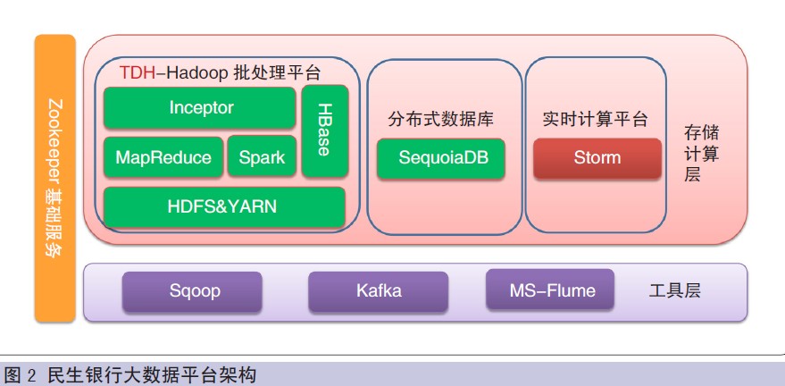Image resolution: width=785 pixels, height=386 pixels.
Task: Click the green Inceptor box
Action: pos(199,107)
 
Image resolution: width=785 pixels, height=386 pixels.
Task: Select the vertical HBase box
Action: pos(325,130)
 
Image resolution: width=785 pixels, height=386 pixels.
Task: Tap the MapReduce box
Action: pos(163,157)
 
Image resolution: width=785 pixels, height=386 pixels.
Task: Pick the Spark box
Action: pos(262,156)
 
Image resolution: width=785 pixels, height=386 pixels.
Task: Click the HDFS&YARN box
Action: pos(224,206)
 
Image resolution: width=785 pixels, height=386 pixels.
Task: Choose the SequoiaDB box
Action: pos(440,158)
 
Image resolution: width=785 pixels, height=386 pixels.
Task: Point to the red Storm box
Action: pos(597,158)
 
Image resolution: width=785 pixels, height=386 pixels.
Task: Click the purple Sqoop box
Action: pos(192,292)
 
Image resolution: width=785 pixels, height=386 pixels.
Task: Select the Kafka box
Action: pos(378,291)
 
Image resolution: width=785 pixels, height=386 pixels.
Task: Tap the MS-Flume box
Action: pos(550,289)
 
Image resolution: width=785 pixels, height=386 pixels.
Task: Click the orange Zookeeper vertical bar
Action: pos(55,178)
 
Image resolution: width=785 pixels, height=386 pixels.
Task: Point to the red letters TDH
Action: pos(138,73)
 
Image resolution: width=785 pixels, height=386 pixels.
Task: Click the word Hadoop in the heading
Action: pos(196,73)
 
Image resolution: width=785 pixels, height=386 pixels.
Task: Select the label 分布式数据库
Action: pos(440,120)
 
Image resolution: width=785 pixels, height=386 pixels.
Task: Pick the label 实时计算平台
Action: pos(596,119)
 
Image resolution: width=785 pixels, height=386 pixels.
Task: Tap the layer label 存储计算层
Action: pos(701,154)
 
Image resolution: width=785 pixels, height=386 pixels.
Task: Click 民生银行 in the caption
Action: pos(81,375)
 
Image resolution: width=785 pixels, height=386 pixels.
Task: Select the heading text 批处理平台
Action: pos(277,73)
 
